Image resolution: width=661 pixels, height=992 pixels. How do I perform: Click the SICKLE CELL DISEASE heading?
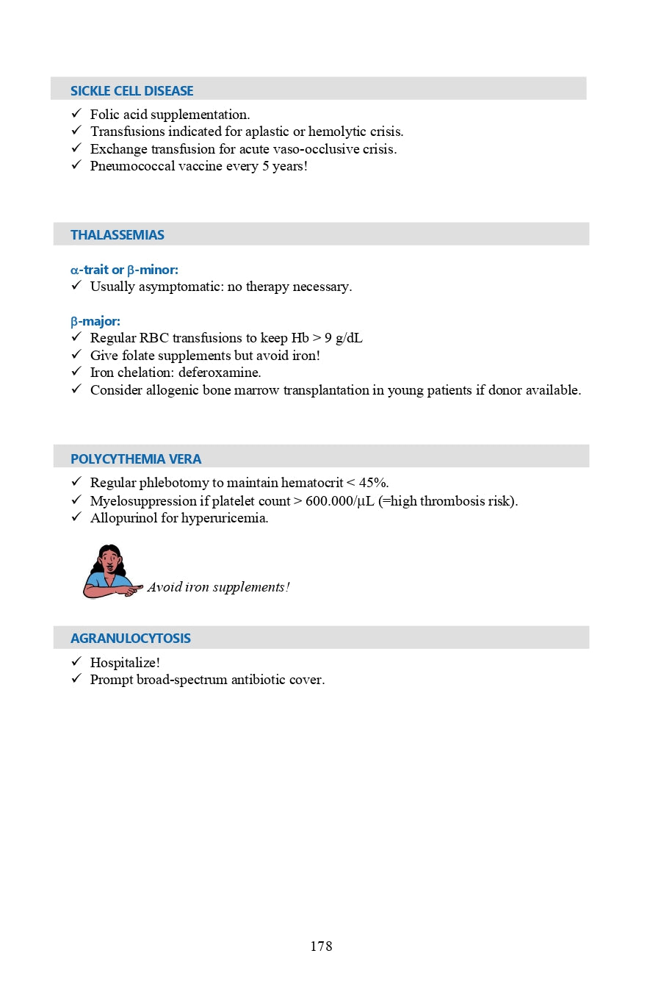pyautogui.click(x=131, y=91)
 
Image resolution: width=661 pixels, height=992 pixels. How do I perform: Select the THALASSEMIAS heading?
pyautogui.click(x=118, y=235)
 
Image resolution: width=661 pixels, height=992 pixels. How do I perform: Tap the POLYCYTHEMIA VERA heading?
pyautogui.click(x=136, y=459)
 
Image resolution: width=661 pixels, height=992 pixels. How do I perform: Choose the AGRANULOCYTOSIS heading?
pyautogui.click(x=131, y=639)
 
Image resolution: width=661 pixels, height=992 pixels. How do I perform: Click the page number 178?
pyautogui.click(x=321, y=946)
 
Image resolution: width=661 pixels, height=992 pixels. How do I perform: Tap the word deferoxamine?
pyautogui.click(x=219, y=373)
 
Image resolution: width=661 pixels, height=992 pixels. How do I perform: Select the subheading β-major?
pyautogui.click(x=95, y=322)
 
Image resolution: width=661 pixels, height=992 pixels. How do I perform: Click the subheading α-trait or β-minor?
pyautogui.click(x=124, y=270)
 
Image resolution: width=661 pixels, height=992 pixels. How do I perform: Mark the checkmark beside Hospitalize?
pyautogui.click(x=76, y=661)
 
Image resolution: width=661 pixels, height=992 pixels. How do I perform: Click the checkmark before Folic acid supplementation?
pyautogui.click(x=76, y=113)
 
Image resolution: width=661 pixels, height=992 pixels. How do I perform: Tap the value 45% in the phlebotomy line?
pyautogui.click(x=372, y=483)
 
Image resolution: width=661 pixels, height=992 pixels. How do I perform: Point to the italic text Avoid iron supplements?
pyautogui.click(x=218, y=587)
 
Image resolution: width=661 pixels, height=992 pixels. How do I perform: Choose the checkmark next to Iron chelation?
pyautogui.click(x=76, y=372)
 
